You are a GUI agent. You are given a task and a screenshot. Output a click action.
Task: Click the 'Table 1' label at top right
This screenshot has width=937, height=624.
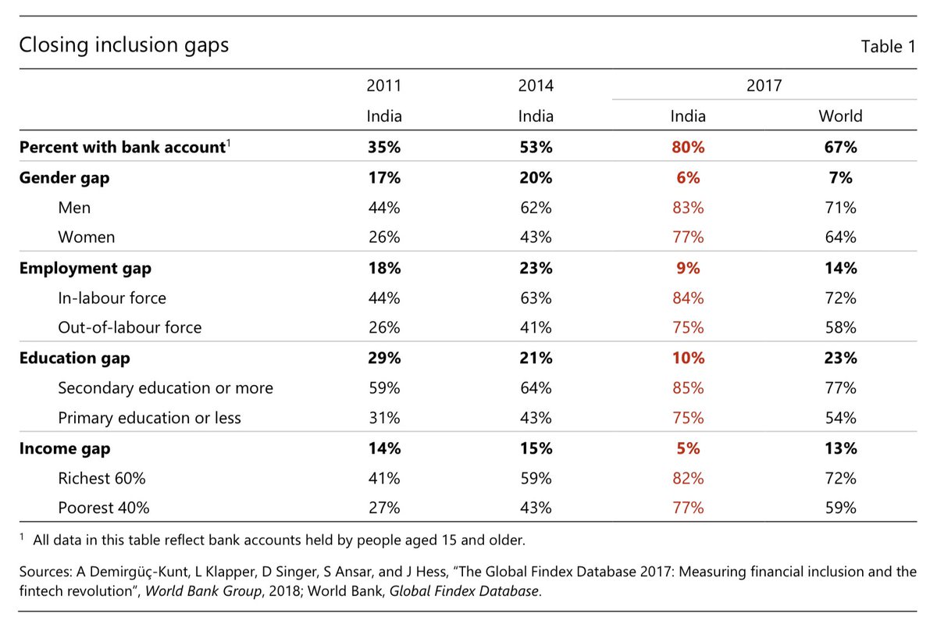tap(888, 46)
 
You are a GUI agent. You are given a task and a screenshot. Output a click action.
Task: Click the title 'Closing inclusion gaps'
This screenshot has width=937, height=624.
tap(124, 45)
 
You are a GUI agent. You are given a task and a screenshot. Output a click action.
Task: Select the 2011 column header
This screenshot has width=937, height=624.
tap(383, 86)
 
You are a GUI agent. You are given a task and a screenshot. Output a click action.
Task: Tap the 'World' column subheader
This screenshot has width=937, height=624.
tap(840, 116)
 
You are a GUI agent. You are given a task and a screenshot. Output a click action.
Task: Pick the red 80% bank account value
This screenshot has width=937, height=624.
tap(688, 148)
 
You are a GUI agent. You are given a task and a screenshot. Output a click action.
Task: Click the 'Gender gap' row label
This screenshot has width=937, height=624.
tap(64, 178)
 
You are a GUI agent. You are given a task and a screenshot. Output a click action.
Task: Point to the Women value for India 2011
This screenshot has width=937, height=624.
tap(383, 237)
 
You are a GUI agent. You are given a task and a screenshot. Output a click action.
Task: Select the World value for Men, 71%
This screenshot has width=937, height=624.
tap(840, 208)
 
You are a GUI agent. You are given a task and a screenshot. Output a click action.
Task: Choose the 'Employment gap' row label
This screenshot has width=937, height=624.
tap(85, 269)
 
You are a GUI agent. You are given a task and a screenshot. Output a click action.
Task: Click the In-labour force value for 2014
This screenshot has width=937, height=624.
tap(536, 298)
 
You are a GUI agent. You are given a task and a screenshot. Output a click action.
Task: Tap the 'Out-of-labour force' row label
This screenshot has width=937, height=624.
tap(130, 327)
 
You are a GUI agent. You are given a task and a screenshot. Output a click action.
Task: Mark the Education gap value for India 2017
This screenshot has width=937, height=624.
tap(688, 358)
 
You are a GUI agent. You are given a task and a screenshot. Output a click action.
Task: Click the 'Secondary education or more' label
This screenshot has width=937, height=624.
tap(166, 388)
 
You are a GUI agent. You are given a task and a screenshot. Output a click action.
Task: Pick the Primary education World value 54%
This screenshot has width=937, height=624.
tap(840, 418)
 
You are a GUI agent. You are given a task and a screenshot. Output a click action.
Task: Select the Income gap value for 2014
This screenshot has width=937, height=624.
tap(536, 448)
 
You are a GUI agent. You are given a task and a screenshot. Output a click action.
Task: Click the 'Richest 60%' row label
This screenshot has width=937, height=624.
tap(102, 479)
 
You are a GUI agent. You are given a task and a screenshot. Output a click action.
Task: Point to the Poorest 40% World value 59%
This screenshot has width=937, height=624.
tap(840, 508)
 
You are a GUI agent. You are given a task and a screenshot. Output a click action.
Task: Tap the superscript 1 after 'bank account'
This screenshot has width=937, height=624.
tap(228, 143)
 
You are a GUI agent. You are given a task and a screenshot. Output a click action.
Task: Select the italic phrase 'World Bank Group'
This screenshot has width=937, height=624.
tap(203, 591)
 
